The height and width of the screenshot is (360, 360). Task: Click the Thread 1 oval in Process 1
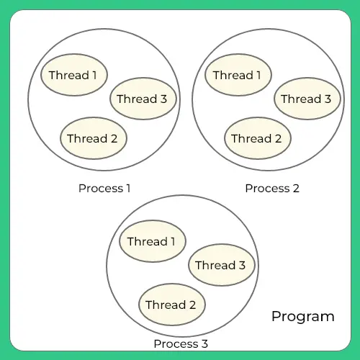73,75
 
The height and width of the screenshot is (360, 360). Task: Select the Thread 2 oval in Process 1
92,138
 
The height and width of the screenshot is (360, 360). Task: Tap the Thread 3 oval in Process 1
141,99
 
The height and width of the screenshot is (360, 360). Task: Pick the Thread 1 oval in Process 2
238,75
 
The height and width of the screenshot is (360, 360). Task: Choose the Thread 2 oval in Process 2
256,138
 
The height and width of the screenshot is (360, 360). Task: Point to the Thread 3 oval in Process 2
306,99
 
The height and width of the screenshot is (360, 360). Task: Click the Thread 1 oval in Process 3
151,241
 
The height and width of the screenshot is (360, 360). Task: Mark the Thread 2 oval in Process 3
171,305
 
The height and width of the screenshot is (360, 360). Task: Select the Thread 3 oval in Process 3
220,265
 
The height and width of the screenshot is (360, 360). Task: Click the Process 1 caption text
104,189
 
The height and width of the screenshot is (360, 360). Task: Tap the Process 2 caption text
271,189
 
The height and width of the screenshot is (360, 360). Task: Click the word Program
302,316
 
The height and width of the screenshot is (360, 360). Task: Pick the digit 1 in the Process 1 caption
128,189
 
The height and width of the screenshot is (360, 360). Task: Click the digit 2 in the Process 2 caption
295,189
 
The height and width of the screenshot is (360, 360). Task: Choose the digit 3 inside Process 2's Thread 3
328,99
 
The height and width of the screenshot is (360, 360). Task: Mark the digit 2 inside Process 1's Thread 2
114,138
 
